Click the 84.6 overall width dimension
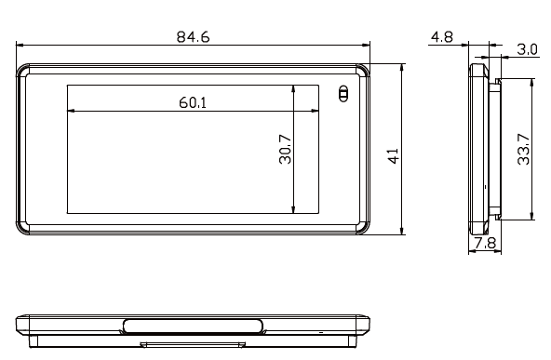pos(193,36)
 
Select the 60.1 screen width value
pos(193,101)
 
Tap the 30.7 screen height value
pos(285,150)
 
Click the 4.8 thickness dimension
pos(441,38)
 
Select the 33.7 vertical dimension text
pos(524,148)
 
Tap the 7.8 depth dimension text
pos(484,244)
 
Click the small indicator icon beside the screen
pos(343,94)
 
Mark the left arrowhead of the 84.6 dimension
pos(20,45)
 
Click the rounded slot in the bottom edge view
pos(192,326)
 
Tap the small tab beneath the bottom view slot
pos(192,343)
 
